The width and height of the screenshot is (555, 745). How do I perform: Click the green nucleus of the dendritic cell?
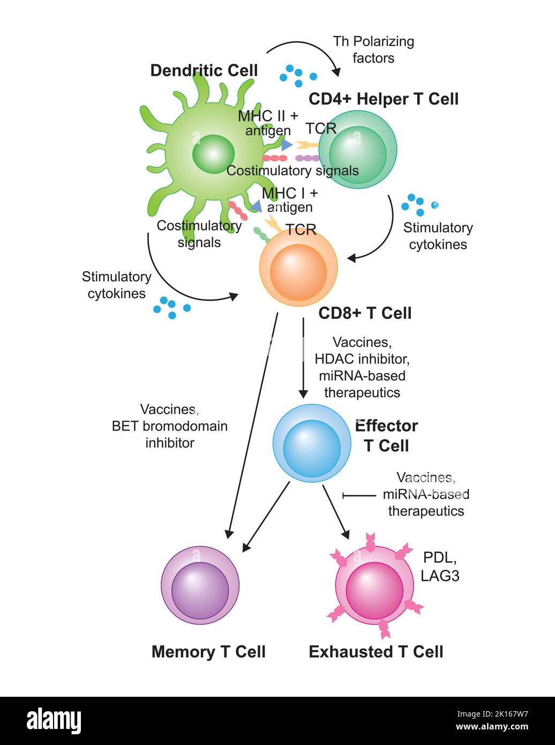coord(213,154)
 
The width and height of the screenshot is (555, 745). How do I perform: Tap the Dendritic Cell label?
coord(204,71)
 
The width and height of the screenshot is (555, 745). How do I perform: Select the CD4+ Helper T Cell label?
coord(384,99)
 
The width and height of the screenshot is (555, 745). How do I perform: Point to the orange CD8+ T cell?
coord(298,267)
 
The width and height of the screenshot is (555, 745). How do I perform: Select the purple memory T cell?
coord(200,586)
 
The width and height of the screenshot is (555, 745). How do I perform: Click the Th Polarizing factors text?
coord(373,49)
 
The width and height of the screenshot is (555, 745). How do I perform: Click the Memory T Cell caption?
coord(208,652)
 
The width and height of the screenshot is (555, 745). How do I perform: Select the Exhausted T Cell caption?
coord(376,652)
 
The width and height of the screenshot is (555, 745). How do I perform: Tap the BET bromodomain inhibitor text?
coord(169,426)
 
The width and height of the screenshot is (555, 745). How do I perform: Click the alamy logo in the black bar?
coord(54,721)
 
